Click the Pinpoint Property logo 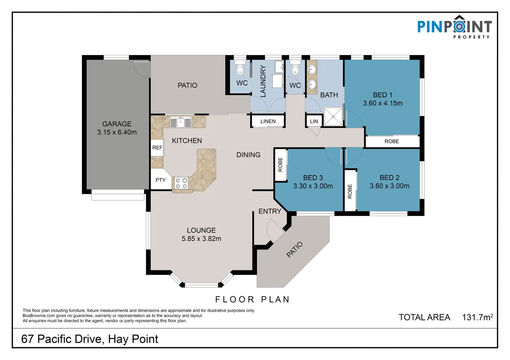pos(455,27)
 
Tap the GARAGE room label pos(117,124)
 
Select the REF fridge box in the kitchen pos(157,147)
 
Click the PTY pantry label pos(160,180)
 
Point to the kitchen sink pos(181,122)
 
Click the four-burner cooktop pos(182,183)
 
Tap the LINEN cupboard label pos(268,121)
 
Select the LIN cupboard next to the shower pos(314,121)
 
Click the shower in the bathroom pos(333,116)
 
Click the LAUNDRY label pos(263,81)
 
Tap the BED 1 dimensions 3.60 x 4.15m pos(383,103)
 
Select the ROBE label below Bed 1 pos(392,142)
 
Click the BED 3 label pos(313,178)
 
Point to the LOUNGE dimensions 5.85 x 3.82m pos(201,238)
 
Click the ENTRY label pos(270,211)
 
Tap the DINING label pos(248,155)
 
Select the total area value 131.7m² pos(477,317)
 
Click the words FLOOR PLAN pos(253,299)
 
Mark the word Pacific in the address pos(69,339)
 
